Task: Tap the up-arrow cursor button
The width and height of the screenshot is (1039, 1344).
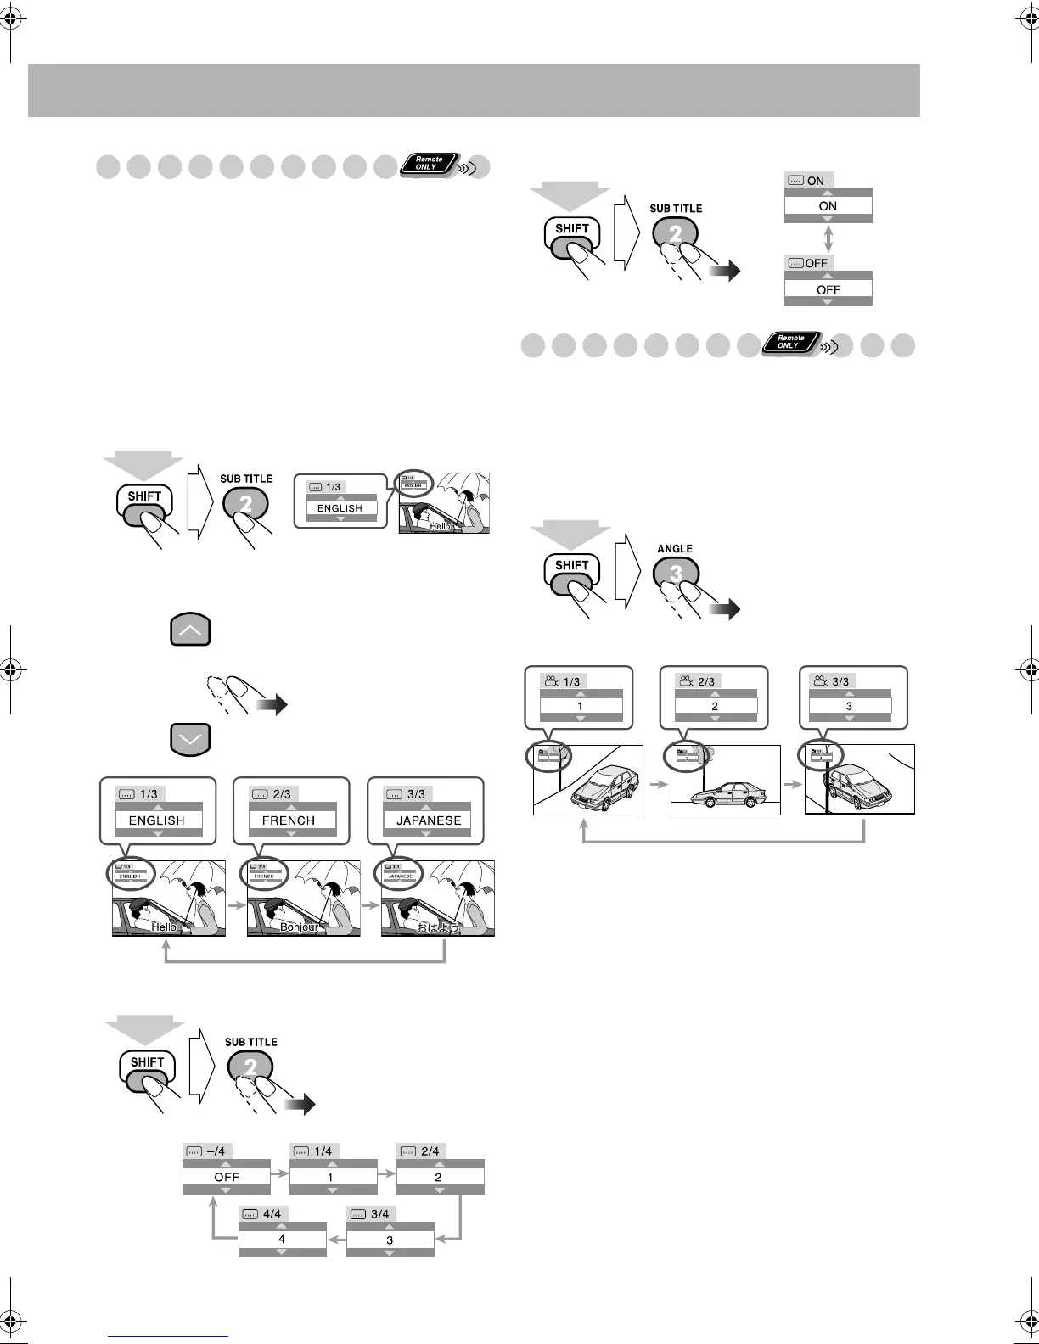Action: (x=190, y=631)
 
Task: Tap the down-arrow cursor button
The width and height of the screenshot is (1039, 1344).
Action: (x=190, y=740)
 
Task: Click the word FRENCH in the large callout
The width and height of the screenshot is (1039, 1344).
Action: (x=289, y=820)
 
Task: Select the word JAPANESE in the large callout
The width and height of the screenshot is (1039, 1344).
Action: (x=429, y=820)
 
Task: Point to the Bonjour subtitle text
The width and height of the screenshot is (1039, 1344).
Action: (x=300, y=927)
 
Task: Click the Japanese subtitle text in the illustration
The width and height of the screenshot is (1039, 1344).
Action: (x=438, y=927)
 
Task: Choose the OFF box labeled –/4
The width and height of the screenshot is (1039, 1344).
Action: (x=227, y=1177)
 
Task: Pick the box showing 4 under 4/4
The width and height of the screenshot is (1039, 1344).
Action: (x=282, y=1240)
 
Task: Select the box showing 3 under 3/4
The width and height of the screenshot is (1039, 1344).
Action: (x=390, y=1240)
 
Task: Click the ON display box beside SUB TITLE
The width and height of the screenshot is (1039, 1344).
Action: (x=828, y=206)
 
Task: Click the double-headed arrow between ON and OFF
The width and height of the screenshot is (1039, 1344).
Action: (x=828, y=237)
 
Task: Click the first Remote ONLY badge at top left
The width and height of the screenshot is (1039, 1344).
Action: (x=430, y=164)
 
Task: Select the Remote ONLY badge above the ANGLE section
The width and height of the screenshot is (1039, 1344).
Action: (x=790, y=343)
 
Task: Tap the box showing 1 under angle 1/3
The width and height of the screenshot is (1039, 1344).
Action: (x=581, y=706)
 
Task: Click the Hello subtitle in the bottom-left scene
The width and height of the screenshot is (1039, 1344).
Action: (x=164, y=927)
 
